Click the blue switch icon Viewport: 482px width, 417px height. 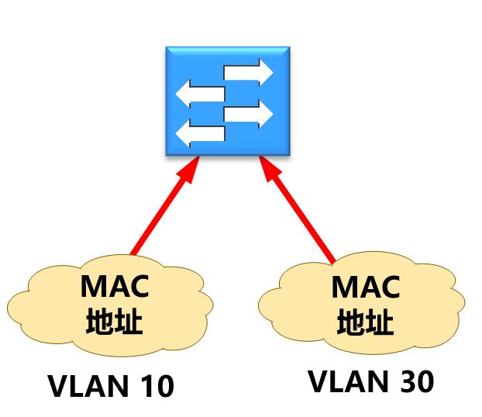[228, 100]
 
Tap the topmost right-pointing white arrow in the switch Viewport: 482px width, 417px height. [249, 73]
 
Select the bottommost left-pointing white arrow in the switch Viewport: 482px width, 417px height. [200, 133]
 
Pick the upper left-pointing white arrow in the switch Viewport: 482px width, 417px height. [200, 95]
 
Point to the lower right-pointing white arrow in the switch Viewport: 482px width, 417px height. [249, 114]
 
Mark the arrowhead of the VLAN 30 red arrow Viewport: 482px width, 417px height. [269, 170]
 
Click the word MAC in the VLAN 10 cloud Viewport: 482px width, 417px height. [115, 288]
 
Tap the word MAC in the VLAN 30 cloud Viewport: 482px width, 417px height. [365, 288]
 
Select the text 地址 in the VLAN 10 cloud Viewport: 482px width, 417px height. [114, 321]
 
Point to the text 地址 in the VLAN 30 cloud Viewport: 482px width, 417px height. [365, 321]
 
